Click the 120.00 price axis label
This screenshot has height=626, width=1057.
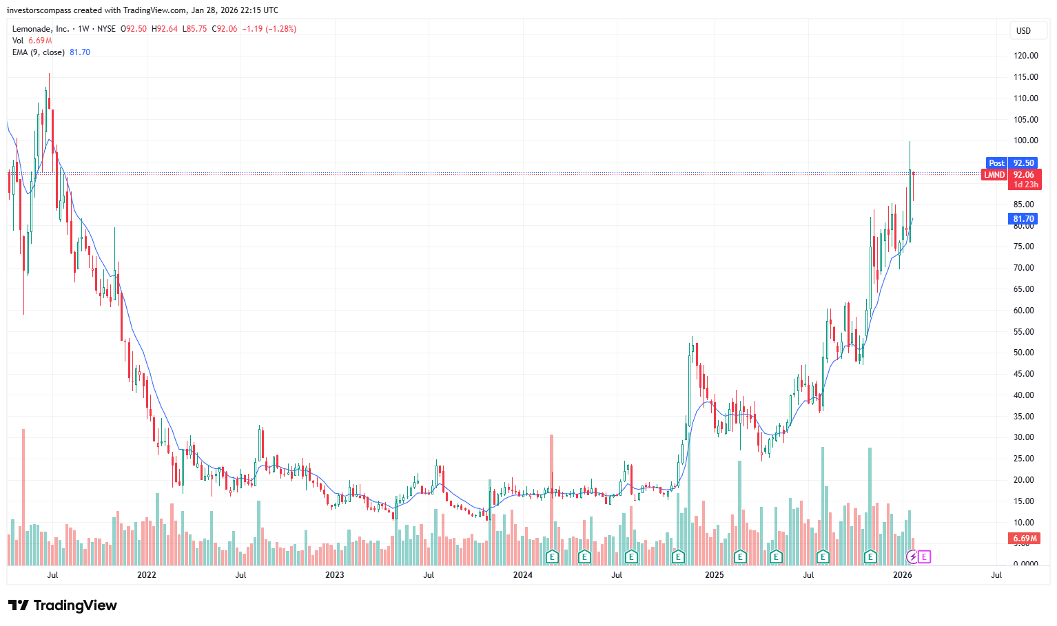[1025, 56]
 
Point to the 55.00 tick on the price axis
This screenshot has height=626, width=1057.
[1024, 332]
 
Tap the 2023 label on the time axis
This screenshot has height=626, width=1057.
[334, 575]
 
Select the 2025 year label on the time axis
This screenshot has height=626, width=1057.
[715, 575]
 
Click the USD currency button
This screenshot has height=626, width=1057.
[1023, 31]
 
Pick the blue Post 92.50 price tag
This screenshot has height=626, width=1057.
[1012, 163]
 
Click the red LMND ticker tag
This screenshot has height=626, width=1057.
[994, 175]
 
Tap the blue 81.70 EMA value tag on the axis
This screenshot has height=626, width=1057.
[1023, 219]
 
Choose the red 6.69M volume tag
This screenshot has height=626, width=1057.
[1025, 539]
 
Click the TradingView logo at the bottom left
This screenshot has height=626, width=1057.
[62, 605]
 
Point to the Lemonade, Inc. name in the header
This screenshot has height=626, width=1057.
[41, 29]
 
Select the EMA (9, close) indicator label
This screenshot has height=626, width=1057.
[39, 52]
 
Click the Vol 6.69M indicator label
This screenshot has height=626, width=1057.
[32, 41]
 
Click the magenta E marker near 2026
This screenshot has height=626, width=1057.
[924, 556]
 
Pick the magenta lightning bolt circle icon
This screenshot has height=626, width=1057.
[913, 556]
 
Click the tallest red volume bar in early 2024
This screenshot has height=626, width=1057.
[552, 496]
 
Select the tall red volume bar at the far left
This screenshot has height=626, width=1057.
[23, 496]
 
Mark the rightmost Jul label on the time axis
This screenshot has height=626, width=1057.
[996, 575]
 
